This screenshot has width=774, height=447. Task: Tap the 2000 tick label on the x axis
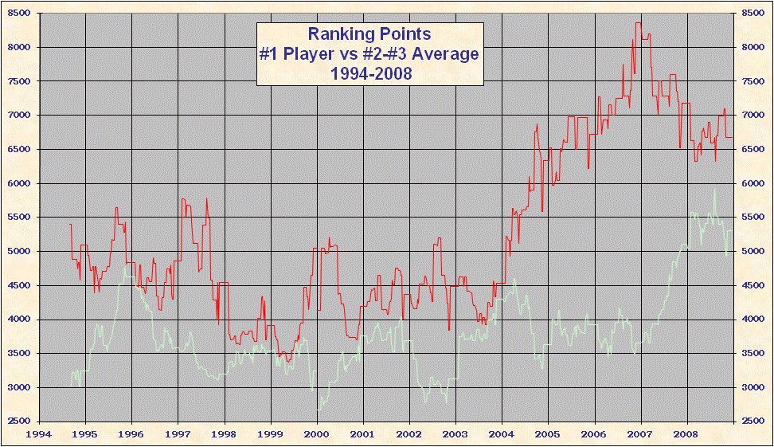(317, 434)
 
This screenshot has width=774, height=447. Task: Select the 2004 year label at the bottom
(502, 434)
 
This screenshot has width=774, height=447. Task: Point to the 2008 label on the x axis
(686, 434)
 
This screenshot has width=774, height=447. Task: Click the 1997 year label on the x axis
(178, 434)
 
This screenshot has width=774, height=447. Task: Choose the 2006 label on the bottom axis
(594, 434)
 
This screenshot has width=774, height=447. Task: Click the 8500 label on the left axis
(18, 14)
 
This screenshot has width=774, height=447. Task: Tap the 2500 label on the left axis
(18, 422)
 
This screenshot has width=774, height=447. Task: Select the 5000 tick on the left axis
(18, 251)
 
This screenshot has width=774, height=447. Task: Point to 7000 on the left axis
(18, 116)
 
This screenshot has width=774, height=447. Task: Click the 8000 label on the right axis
(753, 47)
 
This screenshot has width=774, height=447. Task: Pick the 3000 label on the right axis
(753, 387)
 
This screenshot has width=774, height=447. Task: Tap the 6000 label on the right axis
(753, 183)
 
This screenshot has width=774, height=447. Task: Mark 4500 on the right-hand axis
(753, 285)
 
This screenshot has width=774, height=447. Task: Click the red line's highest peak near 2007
(639, 23)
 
